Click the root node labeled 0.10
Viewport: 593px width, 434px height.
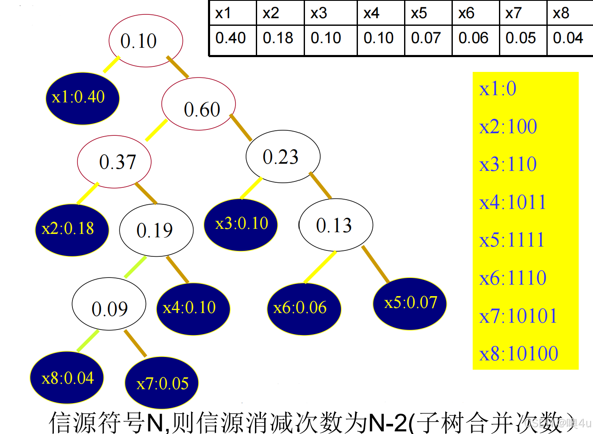(146, 41)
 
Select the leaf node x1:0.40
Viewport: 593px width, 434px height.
(83, 98)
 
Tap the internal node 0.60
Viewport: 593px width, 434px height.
(199, 104)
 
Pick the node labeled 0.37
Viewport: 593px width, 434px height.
(114, 162)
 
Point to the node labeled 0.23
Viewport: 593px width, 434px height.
(283, 157)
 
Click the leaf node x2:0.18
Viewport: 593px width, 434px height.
(72, 230)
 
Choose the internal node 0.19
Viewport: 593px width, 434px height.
(156, 230)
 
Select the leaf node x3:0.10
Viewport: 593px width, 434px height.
(241, 224)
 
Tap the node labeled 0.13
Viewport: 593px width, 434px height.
(336, 225)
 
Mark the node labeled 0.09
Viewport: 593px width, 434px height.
(109, 304)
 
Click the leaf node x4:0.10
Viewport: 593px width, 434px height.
(193, 308)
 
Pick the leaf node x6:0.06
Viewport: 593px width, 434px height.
(304, 308)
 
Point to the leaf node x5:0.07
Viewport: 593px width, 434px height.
(410, 303)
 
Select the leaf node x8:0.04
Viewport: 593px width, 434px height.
(67, 378)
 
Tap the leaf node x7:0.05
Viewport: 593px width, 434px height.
(162, 383)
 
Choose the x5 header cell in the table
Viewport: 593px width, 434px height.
(428, 13)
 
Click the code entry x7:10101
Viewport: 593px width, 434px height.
(518, 316)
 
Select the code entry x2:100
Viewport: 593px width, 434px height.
(508, 126)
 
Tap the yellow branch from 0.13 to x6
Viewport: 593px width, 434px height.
(320, 267)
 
